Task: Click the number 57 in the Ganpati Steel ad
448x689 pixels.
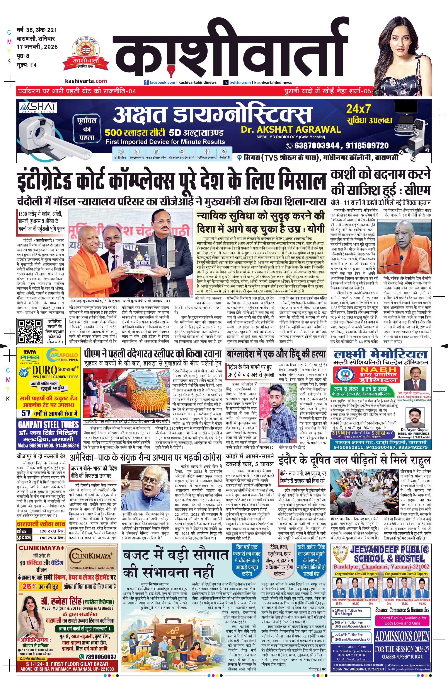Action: click(x=26, y=413)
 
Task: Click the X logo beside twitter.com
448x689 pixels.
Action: click(x=226, y=82)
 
